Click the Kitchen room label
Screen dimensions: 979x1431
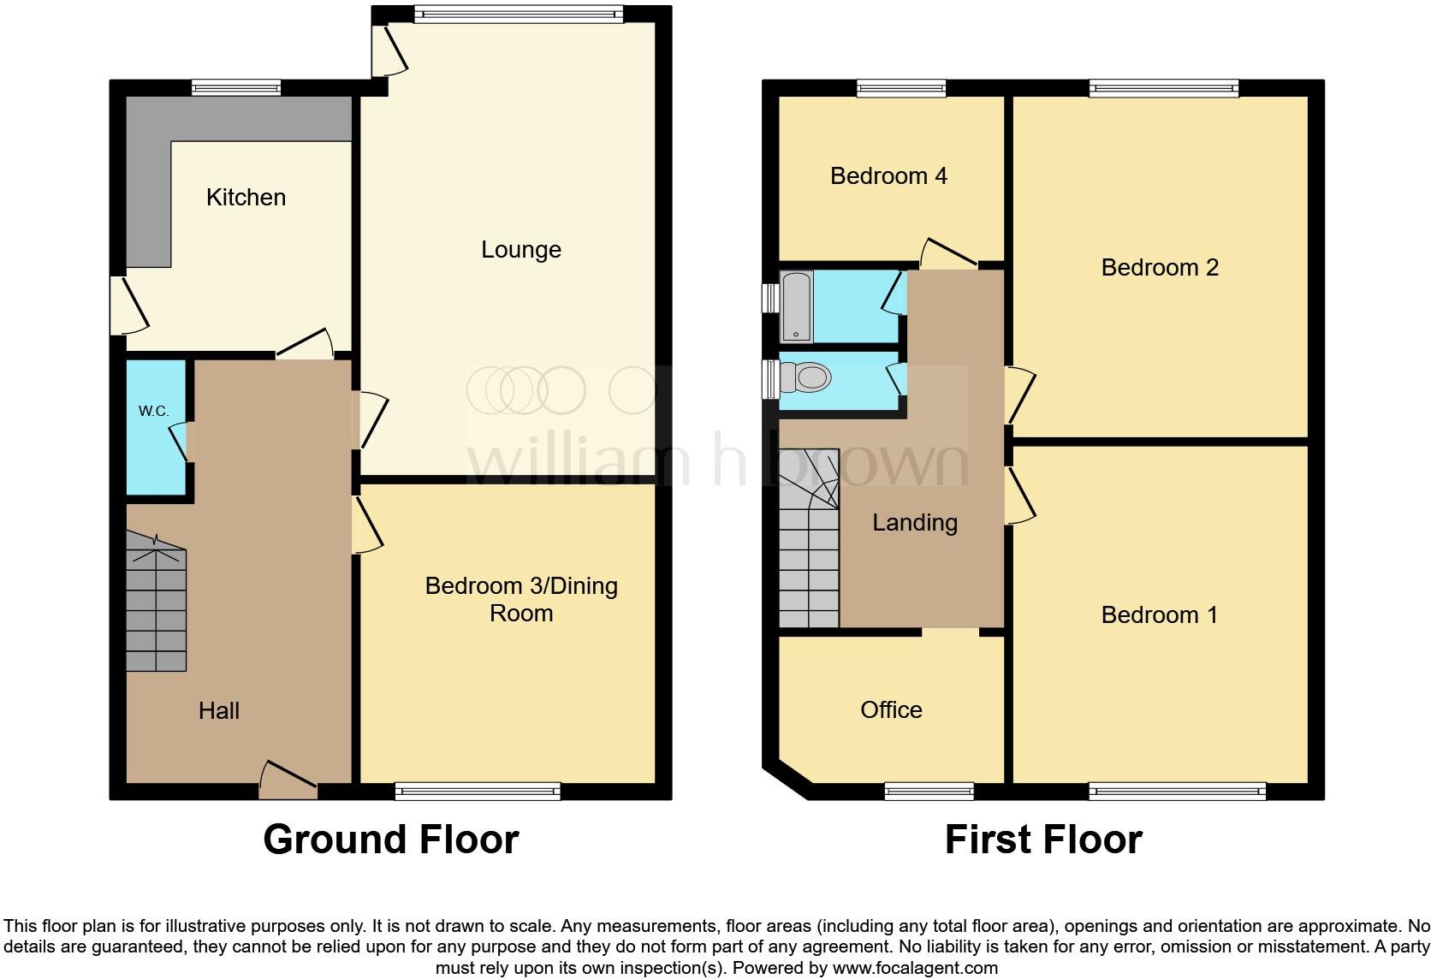246,198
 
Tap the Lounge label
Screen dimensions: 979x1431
521,250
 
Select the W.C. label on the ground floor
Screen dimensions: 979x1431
154,412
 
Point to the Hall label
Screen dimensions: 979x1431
219,710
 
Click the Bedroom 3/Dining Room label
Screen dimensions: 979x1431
521,599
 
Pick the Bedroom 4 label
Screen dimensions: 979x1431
888,176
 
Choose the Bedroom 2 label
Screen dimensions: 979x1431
1160,268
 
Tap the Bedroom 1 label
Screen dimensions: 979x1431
1159,615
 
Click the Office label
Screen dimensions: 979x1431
891,709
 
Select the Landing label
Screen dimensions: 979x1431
915,523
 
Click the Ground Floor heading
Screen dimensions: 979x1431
391,840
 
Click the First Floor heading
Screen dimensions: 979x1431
1043,840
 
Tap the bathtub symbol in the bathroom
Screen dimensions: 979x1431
796,306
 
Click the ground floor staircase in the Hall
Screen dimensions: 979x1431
156,602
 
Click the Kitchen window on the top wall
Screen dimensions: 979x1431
236,86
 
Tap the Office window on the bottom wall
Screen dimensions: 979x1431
929,792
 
